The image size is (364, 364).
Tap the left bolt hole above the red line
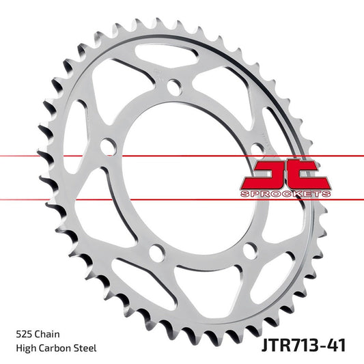(107, 145)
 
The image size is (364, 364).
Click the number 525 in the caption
(23, 335)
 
